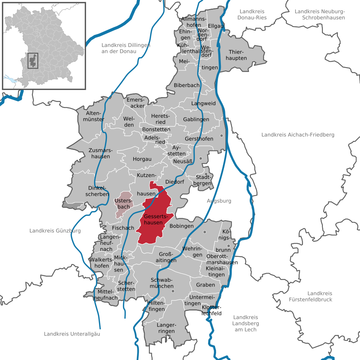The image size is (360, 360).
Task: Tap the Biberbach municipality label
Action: [x=186, y=85]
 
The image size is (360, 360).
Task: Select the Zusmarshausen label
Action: [x=99, y=153]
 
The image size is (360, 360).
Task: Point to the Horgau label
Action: [x=142, y=159]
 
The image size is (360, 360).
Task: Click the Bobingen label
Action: [x=181, y=226]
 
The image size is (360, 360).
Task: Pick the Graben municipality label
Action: [x=205, y=285]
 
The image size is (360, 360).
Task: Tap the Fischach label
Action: [x=123, y=228]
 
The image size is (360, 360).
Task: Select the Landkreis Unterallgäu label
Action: [x=72, y=334]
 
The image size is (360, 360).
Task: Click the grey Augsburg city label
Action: [x=219, y=201]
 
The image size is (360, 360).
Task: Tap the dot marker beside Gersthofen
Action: [x=222, y=135]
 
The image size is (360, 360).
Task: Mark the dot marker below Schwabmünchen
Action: [x=173, y=291]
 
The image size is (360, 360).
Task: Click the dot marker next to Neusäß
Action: [x=201, y=159]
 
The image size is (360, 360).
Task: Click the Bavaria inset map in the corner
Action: [x=44, y=46]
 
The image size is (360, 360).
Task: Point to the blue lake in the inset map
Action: [x=11, y=79]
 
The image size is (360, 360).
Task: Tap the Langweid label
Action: [x=203, y=103]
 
